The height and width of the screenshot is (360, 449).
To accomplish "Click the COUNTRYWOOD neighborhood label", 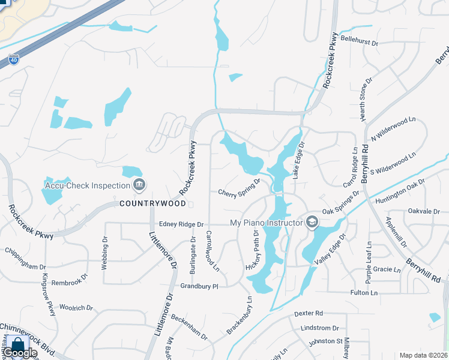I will (x=152, y=203).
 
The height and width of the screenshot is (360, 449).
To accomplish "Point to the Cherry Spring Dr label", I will (x=239, y=188).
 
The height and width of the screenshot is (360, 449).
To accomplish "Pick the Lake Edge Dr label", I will (x=298, y=160).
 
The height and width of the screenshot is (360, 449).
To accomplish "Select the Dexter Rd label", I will (x=309, y=313).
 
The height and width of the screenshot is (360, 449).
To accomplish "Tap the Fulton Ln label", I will (x=364, y=292).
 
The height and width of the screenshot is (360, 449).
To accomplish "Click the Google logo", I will (x=19, y=353).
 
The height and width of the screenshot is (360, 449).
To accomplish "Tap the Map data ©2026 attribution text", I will (x=423, y=355).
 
